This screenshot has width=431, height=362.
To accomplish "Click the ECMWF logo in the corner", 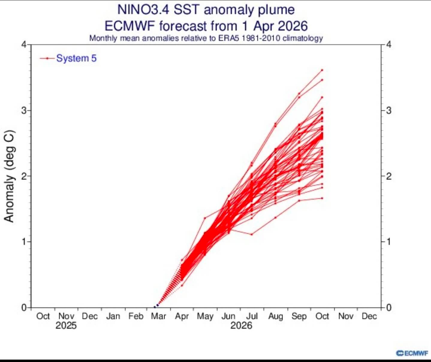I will [412, 353].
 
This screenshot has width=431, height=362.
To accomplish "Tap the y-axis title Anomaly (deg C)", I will [9, 176].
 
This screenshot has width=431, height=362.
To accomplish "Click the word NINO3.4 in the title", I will [143, 10].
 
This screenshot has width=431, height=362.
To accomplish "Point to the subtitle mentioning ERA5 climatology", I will [206, 38].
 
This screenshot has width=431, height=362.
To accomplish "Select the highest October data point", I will [322, 70].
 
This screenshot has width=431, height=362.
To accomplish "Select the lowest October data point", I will [322, 198].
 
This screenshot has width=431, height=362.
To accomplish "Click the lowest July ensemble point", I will [252, 234].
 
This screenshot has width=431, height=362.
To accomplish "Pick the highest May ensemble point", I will [205, 218].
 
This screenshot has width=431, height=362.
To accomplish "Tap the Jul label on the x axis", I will [252, 316].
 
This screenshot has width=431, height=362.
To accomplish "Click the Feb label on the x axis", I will [135, 316].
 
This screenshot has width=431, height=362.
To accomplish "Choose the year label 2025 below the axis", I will [66, 325].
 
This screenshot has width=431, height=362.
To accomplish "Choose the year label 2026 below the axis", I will [241, 325].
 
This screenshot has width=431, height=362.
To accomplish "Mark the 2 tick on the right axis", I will [389, 176].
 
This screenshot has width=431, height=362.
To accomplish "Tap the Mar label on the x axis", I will [159, 316].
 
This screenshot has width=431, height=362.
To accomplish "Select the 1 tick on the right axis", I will [389, 241].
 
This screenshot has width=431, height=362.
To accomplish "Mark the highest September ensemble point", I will [299, 94].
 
